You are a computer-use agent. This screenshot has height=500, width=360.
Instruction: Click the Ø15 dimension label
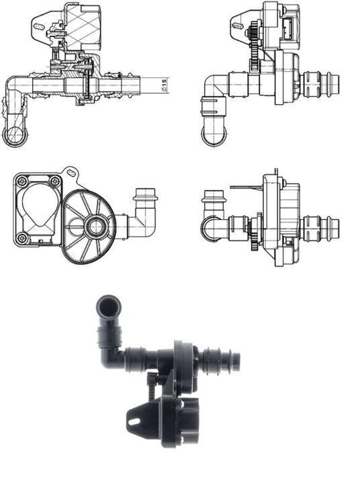coord(164,84)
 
